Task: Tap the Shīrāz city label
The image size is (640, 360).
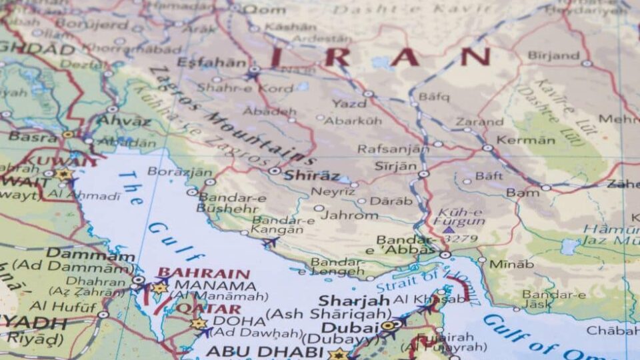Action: (x=311, y=176)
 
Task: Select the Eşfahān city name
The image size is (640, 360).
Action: (x=211, y=63)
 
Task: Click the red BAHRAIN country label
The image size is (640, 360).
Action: (x=203, y=273)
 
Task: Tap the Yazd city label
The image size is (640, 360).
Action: (x=349, y=104)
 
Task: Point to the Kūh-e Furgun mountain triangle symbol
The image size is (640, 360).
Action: (x=449, y=229)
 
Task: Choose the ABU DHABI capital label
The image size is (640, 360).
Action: (x=265, y=351)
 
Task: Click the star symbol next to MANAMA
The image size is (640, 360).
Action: (x=160, y=289)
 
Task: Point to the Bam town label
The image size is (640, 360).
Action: (x=523, y=193)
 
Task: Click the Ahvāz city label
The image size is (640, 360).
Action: (x=124, y=121)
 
